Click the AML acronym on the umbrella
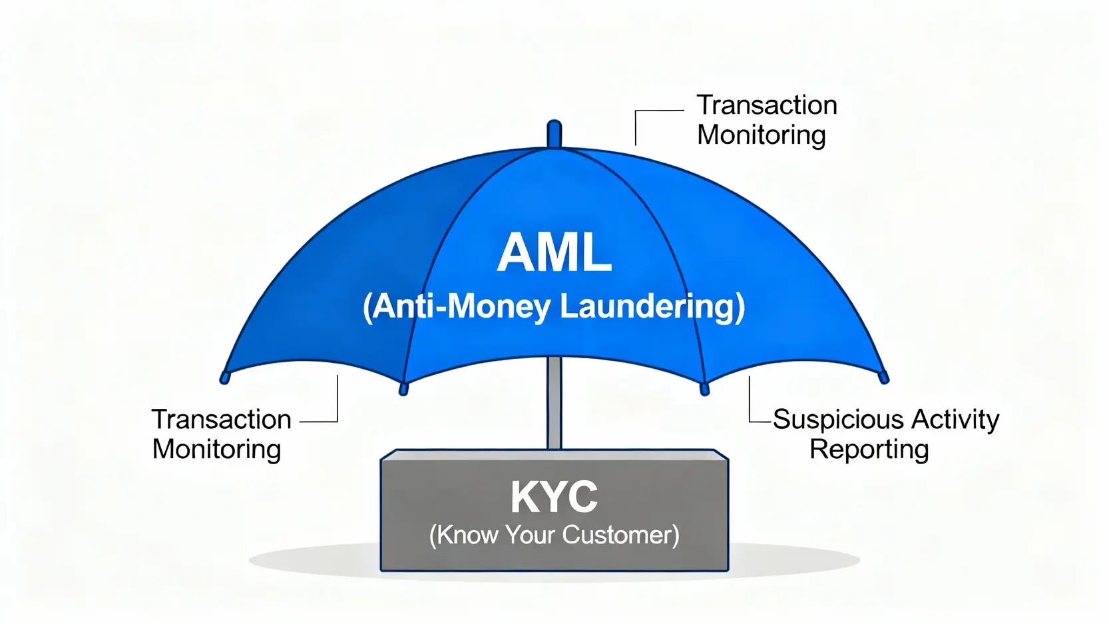tap(554, 254)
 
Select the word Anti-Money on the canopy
tap(460, 306)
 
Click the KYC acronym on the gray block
tap(554, 497)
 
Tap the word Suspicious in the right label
tap(837, 420)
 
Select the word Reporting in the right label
tap(869, 450)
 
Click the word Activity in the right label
tap(955, 420)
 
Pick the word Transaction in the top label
tap(766, 105)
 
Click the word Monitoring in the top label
tap(761, 135)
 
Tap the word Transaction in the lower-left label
tap(221, 420)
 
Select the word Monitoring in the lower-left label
tap(216, 450)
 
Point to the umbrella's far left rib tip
tap(225, 378)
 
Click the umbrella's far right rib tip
tap(883, 378)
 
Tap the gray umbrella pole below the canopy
tap(554, 406)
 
